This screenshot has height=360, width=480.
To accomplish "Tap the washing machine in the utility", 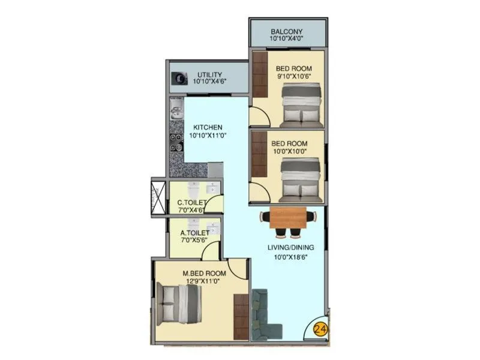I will [x=178, y=78].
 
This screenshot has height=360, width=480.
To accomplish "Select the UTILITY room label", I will [x=209, y=75].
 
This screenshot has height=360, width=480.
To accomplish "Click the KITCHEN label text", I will [x=208, y=127].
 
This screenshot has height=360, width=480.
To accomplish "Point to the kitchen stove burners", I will [x=176, y=142].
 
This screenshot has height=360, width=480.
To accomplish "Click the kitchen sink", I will [x=175, y=109].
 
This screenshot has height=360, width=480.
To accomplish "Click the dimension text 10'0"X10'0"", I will [x=289, y=153].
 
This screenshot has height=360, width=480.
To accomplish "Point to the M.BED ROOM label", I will [x=202, y=274].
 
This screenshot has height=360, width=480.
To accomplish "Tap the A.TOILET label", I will [x=195, y=232].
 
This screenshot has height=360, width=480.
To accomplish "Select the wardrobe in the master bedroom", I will [x=241, y=317].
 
